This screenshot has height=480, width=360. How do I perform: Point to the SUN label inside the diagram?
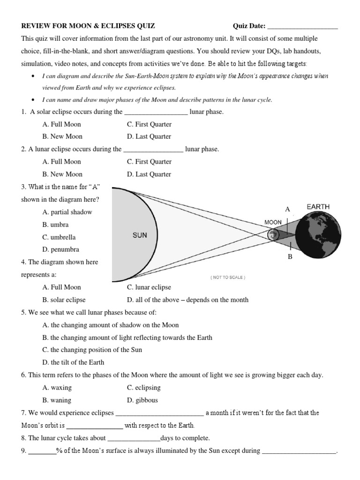(140, 235)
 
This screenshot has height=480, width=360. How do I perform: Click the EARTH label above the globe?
(318, 206)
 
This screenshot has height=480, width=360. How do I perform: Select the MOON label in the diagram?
(273, 222)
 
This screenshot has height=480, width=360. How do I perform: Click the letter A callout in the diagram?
(288, 209)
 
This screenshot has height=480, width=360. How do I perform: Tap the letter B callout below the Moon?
(290, 257)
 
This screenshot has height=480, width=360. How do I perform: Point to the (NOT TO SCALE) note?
(228, 277)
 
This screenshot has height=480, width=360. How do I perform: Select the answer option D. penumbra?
(60, 249)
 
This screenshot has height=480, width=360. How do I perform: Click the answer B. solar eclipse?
(64, 300)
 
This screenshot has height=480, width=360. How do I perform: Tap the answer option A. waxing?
(57, 388)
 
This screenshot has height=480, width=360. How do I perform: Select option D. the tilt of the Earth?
(73, 362)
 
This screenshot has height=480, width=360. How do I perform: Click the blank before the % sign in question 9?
(42, 451)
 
